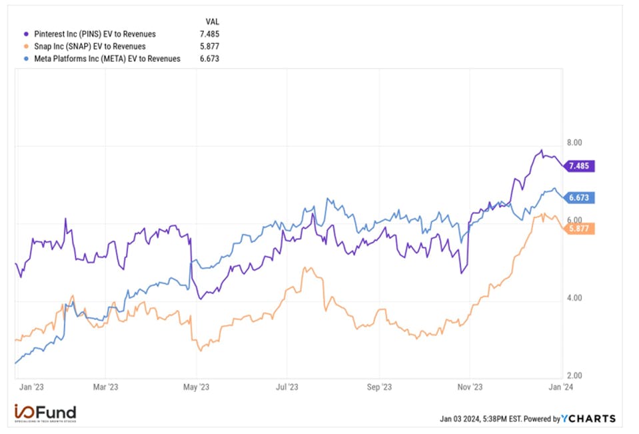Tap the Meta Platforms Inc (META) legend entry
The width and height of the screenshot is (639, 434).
click(101, 59)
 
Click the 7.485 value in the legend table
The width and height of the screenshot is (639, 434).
click(209, 34)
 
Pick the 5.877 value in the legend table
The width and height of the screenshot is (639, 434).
click(209, 47)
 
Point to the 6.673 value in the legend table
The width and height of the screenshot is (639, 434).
click(209, 59)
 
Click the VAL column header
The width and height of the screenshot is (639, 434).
click(213, 21)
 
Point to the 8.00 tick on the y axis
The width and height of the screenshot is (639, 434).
click(574, 143)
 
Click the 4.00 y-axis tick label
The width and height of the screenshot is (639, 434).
click(574, 298)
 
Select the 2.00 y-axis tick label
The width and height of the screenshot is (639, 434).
click(574, 376)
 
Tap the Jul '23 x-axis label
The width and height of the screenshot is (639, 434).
click(287, 386)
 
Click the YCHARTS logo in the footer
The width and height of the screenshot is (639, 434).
click(588, 419)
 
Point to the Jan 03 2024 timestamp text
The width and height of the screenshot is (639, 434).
click(480, 419)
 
